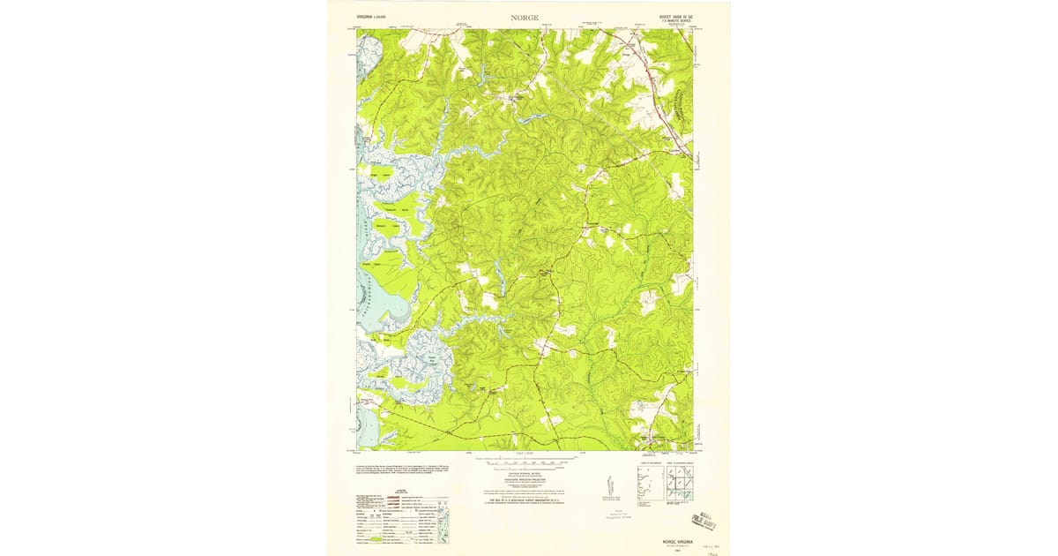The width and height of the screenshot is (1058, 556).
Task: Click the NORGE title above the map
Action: tap(524, 17)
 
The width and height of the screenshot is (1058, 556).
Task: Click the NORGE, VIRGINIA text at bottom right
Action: tap(671, 542)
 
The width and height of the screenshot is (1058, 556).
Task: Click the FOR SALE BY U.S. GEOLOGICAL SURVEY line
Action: tap(524, 500)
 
